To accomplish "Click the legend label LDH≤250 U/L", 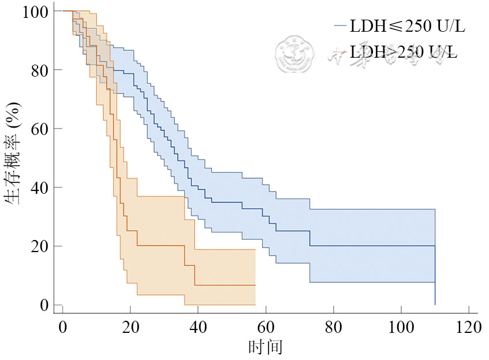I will [408, 27].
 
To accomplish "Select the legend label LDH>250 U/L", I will [408, 52].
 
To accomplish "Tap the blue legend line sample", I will [339, 27].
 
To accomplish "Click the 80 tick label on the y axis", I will [39, 70].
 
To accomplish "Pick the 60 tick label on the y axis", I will [39, 129].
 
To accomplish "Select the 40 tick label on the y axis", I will [39, 187].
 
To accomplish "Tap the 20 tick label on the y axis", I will [39, 246].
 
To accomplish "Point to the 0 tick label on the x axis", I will [63, 328].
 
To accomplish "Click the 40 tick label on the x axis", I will [198, 328].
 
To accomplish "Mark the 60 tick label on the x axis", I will [266, 328].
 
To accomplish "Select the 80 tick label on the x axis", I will [333, 328].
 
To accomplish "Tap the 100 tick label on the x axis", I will [401, 328].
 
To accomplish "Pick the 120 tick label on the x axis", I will [468, 328].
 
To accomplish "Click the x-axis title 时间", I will [265, 347].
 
